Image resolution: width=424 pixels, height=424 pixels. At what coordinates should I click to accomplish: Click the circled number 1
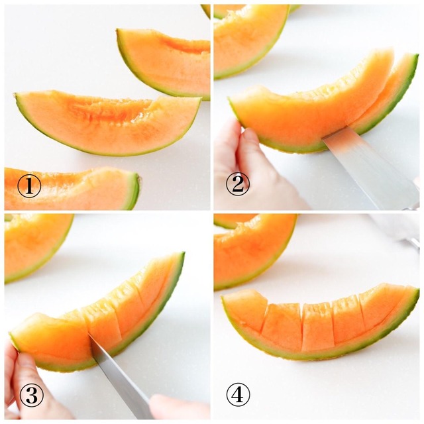coord(29,186)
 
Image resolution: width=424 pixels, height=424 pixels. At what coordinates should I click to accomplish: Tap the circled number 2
coord(238,184)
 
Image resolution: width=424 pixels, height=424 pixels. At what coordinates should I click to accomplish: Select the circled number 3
coord(32,396)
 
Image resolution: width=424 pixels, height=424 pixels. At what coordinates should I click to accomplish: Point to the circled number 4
coord(238,395)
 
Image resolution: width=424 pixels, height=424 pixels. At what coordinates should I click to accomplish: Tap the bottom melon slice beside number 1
coord(72,188)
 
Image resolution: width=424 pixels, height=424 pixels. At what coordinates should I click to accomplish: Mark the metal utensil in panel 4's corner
coord(412,243)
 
